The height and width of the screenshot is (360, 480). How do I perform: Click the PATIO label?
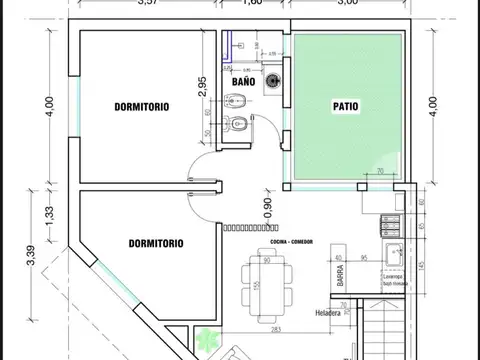click(x=345, y=104)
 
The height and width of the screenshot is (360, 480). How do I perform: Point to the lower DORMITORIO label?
click(x=156, y=242)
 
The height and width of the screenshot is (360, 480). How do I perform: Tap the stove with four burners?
click(x=390, y=220)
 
